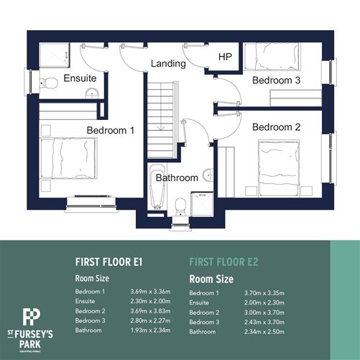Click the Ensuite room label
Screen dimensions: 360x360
[x=80, y=78]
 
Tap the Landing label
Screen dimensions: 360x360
[x=168, y=63]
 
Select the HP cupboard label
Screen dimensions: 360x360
[x=225, y=56]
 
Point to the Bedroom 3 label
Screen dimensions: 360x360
[x=276, y=80]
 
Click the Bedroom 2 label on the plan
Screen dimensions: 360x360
[x=277, y=127]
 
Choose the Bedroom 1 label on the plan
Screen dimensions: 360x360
[x=111, y=130]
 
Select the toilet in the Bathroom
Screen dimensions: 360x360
[x=181, y=205]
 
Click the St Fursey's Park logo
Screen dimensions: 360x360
[x=30, y=326]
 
